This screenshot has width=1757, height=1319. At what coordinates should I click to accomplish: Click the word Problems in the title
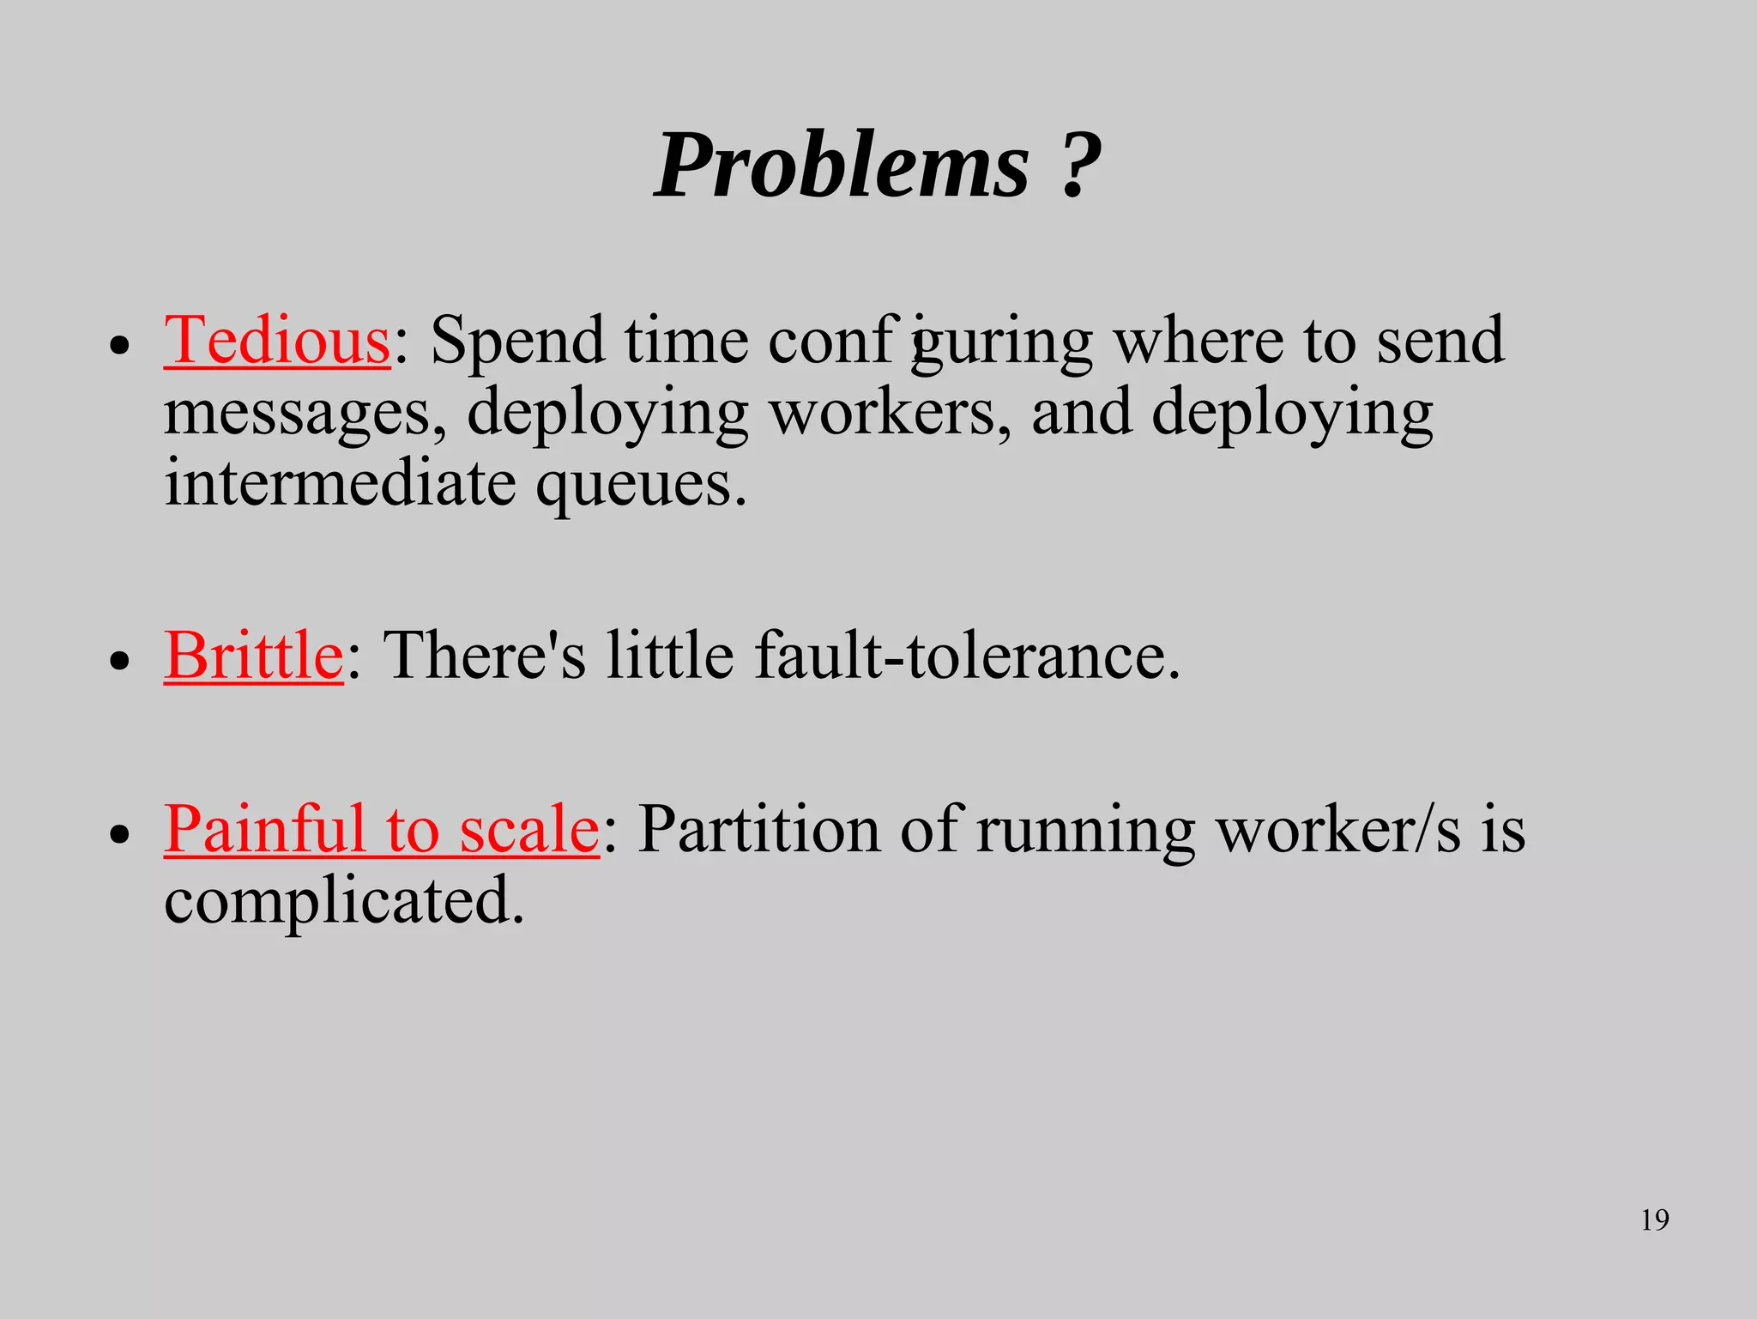click(841, 165)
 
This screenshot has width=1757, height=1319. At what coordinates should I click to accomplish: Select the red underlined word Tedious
click(277, 341)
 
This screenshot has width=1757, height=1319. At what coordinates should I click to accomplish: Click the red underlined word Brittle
click(254, 656)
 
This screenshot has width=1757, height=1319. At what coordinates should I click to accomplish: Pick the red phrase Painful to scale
click(381, 829)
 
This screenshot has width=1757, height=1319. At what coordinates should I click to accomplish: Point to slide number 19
click(1654, 1219)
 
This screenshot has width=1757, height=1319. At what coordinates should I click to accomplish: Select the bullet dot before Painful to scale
click(120, 834)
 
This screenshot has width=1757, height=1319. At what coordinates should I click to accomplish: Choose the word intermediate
click(340, 482)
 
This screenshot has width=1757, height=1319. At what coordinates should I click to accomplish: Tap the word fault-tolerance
click(967, 656)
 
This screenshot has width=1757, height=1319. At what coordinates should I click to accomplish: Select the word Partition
click(758, 829)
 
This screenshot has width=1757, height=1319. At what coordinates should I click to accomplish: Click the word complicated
click(343, 903)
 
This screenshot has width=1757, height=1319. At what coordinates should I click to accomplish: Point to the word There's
click(484, 656)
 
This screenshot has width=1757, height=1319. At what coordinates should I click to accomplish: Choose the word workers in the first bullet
click(889, 413)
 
